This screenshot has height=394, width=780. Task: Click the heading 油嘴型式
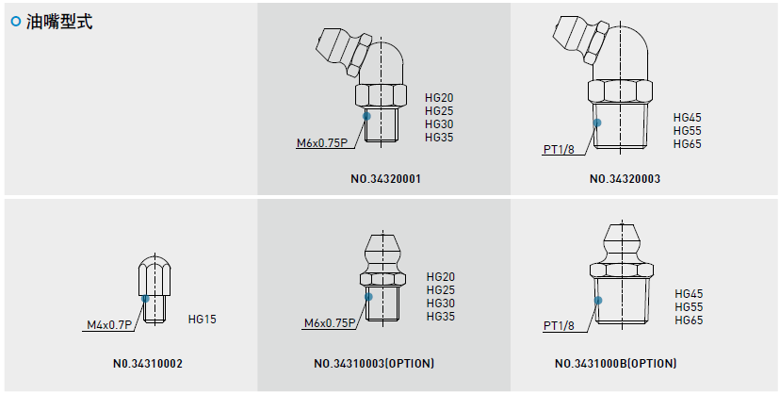click(59, 22)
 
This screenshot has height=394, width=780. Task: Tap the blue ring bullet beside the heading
click(16, 22)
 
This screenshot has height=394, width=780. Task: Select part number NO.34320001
click(385, 179)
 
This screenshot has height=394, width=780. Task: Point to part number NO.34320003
click(625, 179)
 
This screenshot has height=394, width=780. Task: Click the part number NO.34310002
click(148, 364)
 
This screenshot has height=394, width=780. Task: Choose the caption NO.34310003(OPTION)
click(374, 364)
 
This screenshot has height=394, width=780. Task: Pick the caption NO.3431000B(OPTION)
click(616, 364)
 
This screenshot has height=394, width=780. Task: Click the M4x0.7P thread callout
click(109, 325)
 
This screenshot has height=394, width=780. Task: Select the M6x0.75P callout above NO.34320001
click(322, 143)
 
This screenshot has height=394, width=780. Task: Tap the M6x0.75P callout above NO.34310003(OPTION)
click(330, 323)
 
